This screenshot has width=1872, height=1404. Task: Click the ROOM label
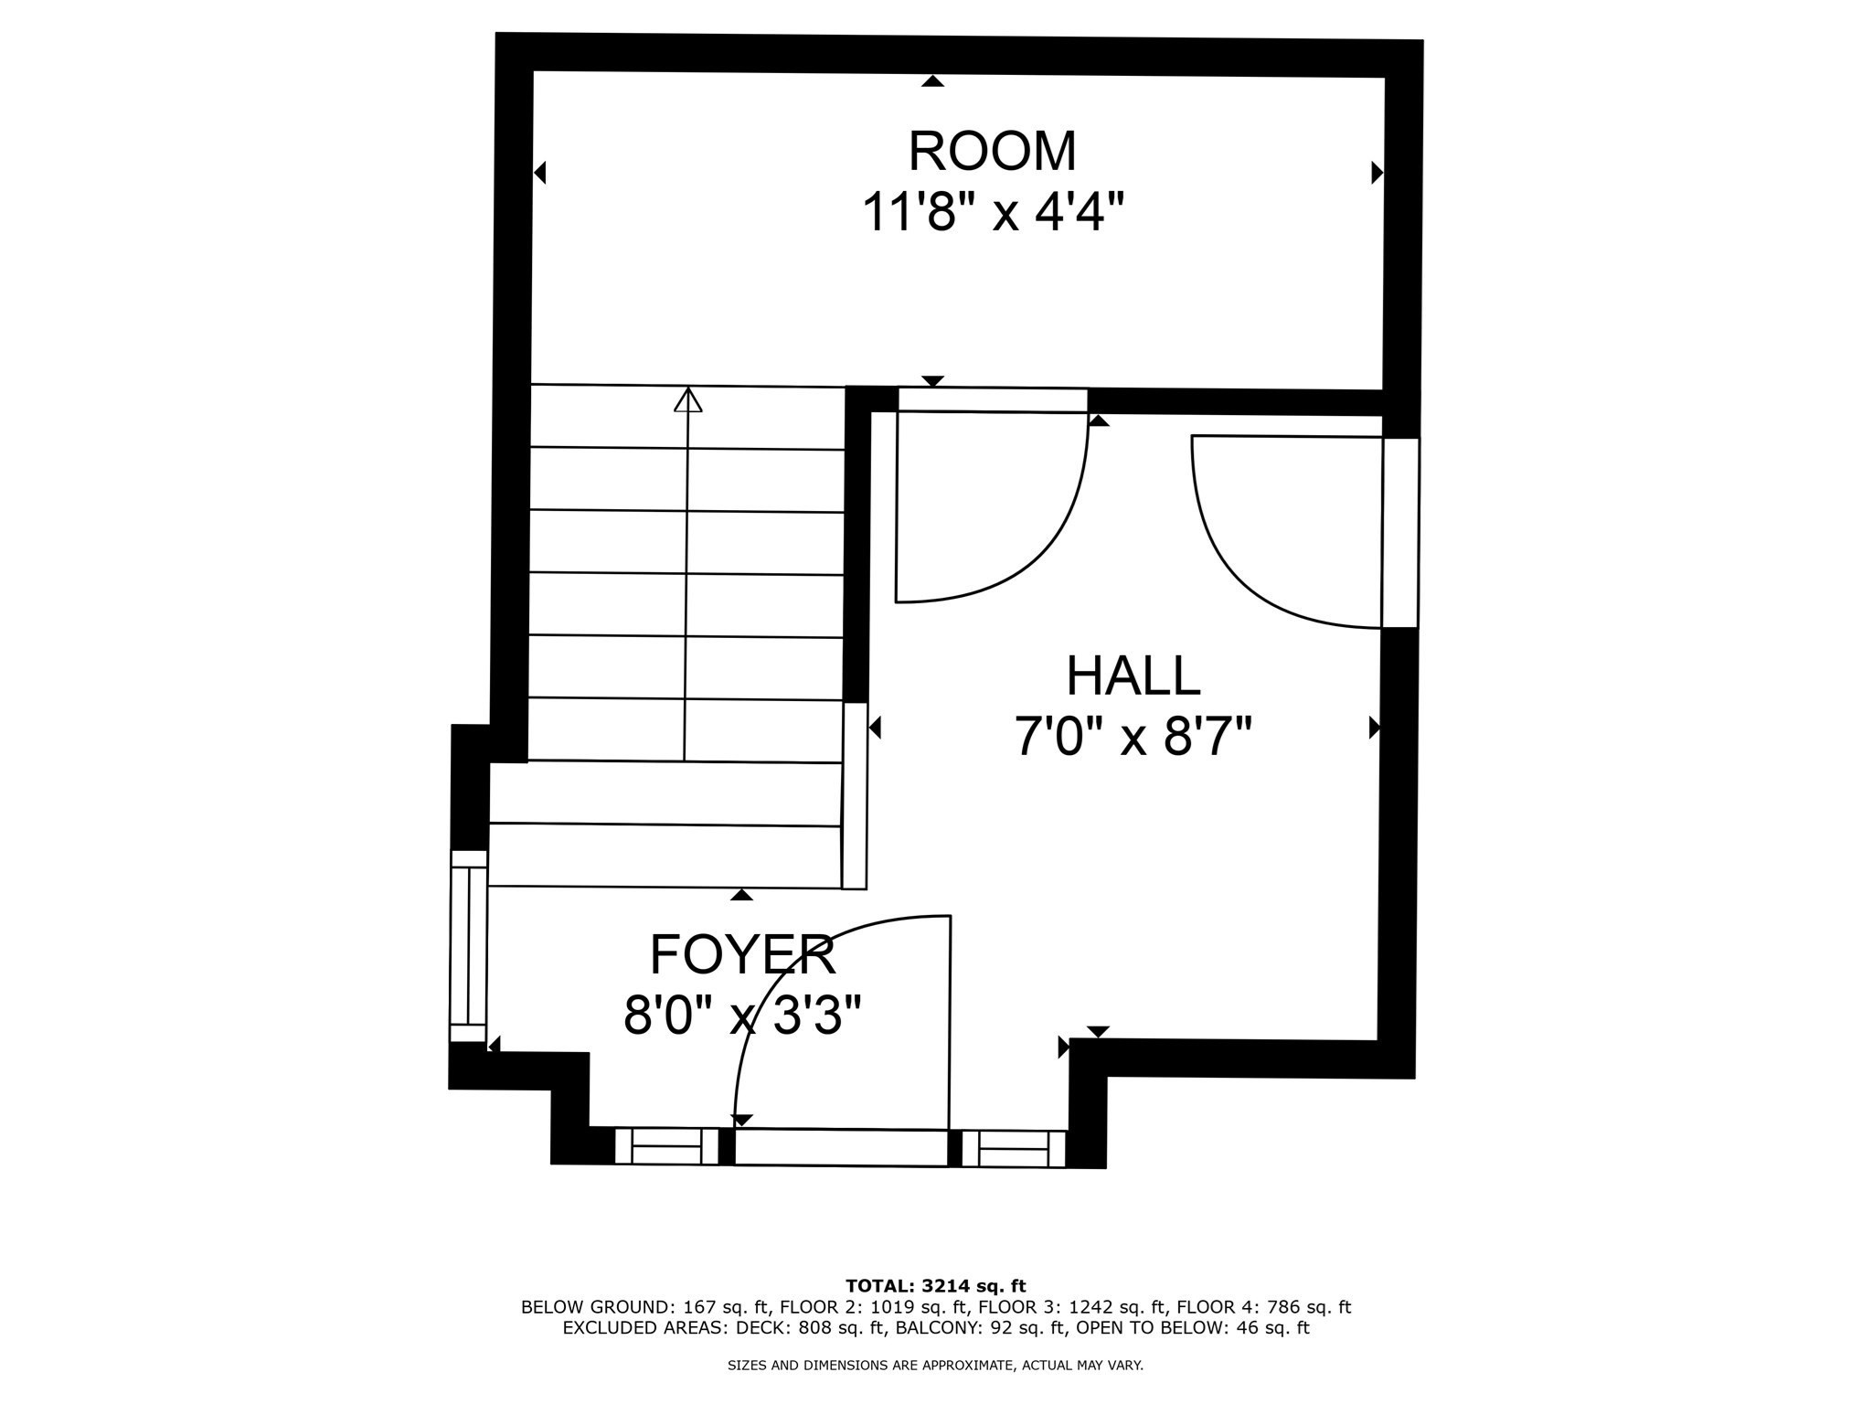(992, 152)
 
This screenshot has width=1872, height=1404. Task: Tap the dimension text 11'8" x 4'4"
(993, 214)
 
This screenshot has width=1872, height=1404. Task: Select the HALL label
(1133, 675)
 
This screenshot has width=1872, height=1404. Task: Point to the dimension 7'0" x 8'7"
(1133, 737)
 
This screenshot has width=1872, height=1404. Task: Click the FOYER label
(742, 954)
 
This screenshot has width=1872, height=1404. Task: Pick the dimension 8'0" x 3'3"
(742, 1015)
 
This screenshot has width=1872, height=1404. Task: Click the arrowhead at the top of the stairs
(687, 399)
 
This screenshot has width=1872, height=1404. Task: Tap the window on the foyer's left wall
(469, 945)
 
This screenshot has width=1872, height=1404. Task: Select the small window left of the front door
(666, 1146)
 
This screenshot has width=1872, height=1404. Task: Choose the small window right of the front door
(1014, 1149)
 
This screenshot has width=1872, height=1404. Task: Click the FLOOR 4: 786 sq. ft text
(1263, 1307)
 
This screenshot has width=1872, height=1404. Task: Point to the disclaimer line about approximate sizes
(936, 1366)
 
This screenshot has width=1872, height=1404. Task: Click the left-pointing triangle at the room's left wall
(539, 172)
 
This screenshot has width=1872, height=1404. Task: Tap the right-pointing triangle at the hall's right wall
(1375, 728)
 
